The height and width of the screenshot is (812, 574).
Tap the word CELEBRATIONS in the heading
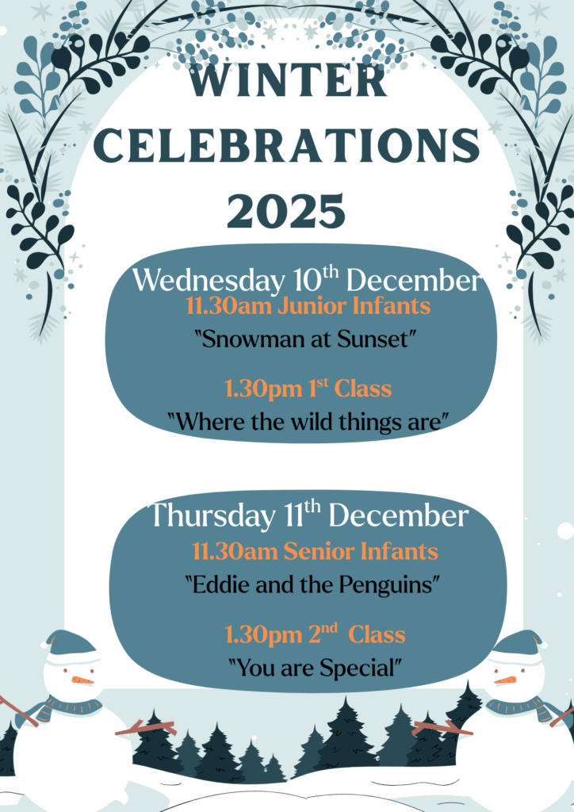287,146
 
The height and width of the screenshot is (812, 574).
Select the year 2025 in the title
286,211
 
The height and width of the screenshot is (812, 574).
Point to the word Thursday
212,515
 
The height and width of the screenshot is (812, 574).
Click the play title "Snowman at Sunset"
306,339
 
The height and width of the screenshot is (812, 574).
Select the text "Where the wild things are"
308,422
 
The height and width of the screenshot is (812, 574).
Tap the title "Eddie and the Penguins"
313,585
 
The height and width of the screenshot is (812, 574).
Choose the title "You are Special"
316,668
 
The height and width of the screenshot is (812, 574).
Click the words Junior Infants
354,306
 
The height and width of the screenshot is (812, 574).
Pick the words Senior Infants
361,552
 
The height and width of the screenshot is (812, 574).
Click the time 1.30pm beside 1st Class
263,389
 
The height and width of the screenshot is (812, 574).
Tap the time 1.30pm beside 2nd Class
263,635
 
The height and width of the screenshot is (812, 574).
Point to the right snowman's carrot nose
506,680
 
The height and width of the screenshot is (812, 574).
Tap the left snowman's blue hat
71,643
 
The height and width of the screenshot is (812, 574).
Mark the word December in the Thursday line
399,515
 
